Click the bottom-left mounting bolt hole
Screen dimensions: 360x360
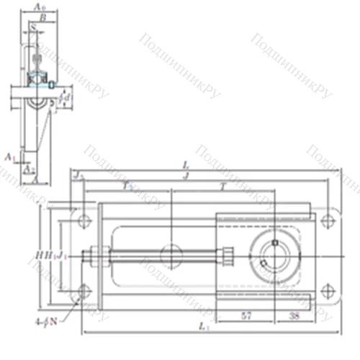point(84,291)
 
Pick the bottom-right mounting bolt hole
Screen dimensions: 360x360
point(328,291)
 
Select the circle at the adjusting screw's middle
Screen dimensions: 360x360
point(171,254)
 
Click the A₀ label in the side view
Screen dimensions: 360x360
point(40,6)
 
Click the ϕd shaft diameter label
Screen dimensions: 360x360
point(65,94)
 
